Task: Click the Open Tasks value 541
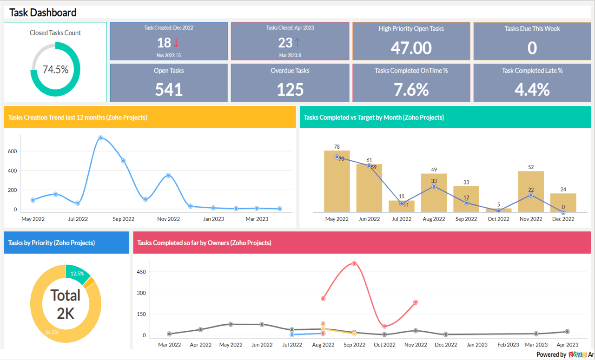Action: click(x=169, y=89)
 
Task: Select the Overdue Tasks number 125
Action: click(x=290, y=89)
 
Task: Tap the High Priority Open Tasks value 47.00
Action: click(x=411, y=47)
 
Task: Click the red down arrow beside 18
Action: click(x=176, y=43)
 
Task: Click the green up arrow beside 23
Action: click(x=297, y=43)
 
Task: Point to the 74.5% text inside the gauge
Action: click(x=55, y=70)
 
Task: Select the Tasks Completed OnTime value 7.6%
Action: click(x=411, y=89)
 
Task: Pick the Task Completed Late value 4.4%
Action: click(x=532, y=89)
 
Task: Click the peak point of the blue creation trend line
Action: click(x=100, y=138)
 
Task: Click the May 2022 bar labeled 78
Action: click(x=337, y=181)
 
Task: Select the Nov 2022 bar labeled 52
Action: click(x=531, y=191)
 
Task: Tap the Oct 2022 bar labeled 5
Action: click(x=498, y=210)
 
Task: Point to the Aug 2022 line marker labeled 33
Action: click(x=434, y=186)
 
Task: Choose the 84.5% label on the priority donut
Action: click(x=52, y=332)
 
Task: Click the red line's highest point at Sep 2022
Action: click(x=354, y=263)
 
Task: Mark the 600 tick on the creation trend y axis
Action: click(x=13, y=151)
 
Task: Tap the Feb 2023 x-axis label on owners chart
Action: click(x=508, y=345)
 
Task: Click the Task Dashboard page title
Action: click(x=43, y=13)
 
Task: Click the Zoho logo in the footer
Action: click(x=577, y=354)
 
